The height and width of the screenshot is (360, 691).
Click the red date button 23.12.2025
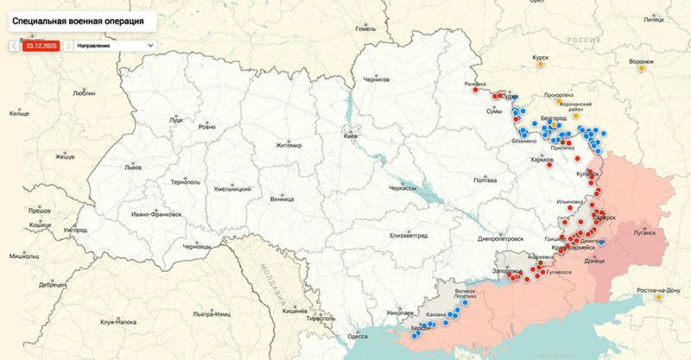tap(41, 44)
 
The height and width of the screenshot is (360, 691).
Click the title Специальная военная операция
tap(76, 18)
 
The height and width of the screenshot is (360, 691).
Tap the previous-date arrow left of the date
tap(14, 44)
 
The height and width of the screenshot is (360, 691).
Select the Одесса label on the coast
tap(358, 336)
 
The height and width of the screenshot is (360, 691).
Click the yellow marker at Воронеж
tap(640, 70)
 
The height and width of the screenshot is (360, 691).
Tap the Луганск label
tap(644, 232)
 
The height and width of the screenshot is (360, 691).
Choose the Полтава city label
tap(486, 180)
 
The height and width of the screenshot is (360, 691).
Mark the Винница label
tap(282, 199)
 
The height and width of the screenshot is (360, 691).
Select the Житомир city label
tap(289, 145)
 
